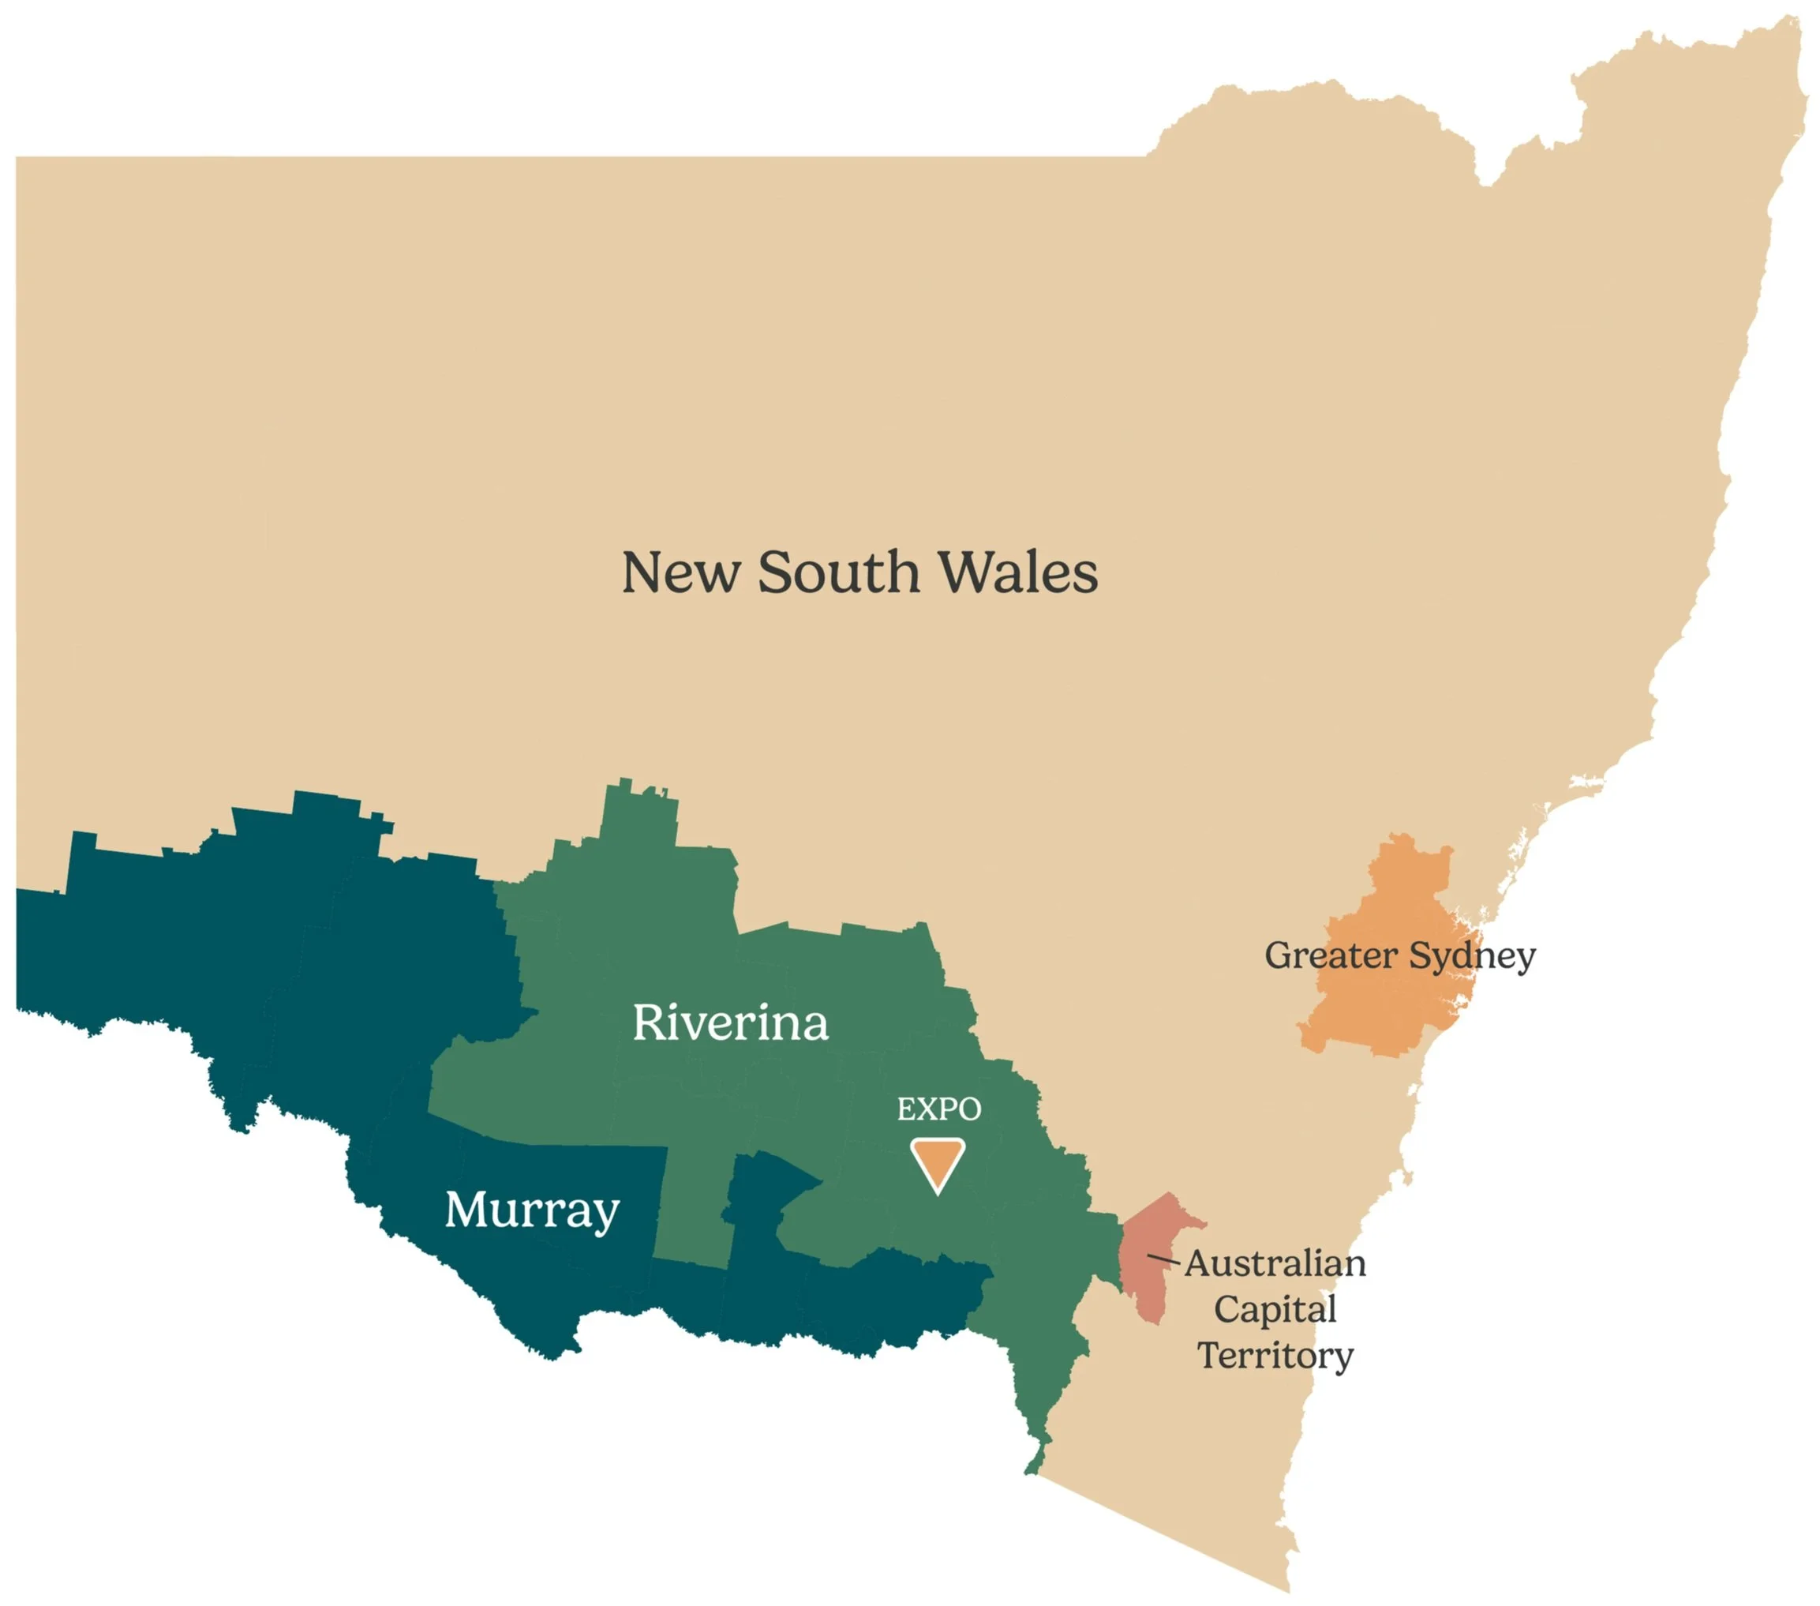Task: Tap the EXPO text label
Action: tap(938, 1109)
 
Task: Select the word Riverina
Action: tap(730, 1022)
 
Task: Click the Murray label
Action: tap(532, 1210)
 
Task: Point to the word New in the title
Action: tap(680, 572)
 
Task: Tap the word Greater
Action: tap(1331, 955)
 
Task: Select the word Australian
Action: tap(1275, 1263)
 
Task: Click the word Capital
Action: tap(1275, 1308)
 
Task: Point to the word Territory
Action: tap(1275, 1355)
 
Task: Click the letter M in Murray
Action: tap(466, 1209)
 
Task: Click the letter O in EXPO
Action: tap(968, 1109)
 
